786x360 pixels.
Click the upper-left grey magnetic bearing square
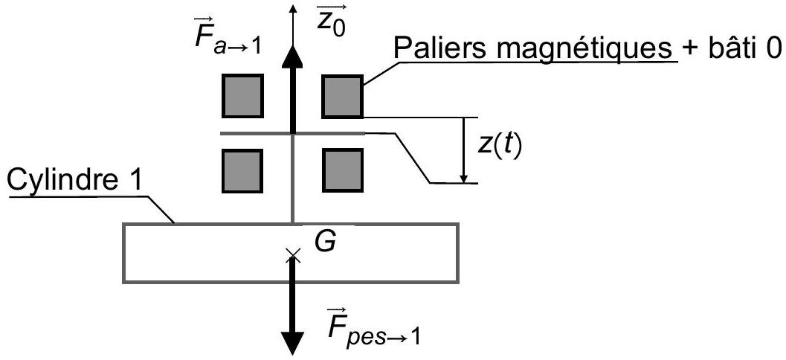(242, 96)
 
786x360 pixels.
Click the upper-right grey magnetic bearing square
(342, 96)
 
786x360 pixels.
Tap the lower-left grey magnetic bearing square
(242, 170)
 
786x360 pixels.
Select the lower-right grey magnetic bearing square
(342, 170)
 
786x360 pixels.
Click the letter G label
(325, 241)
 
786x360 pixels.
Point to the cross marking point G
(293, 255)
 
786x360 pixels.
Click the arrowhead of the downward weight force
(292, 343)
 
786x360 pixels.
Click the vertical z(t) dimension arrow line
(465, 150)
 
